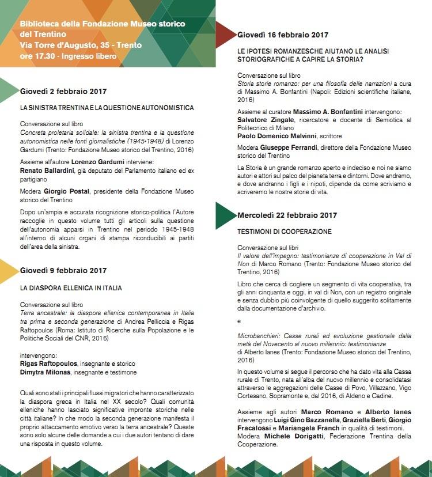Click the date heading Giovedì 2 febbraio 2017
[63, 91]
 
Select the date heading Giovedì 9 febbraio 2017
[63, 270]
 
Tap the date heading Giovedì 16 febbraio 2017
[283, 35]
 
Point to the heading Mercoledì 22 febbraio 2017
[287, 215]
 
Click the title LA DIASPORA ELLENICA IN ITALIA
[71, 287]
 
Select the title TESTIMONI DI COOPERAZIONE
[285, 232]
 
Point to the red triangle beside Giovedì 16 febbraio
[225, 35]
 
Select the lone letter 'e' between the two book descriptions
[239, 320]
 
